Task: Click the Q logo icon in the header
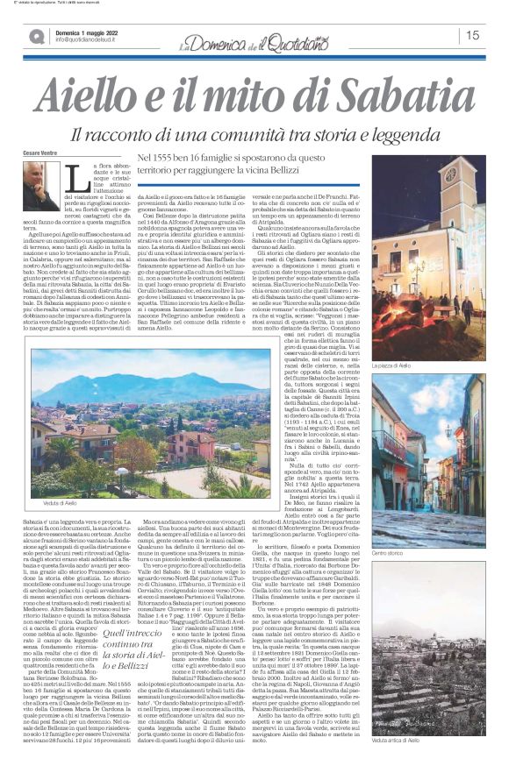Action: pos(37,36)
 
